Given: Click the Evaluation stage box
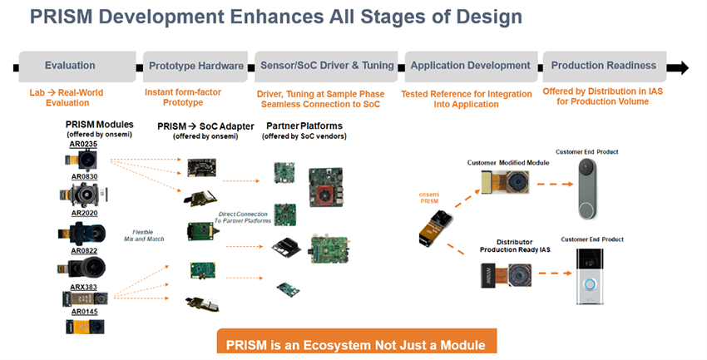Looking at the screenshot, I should [70, 66].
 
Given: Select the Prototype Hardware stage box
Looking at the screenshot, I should [196, 66].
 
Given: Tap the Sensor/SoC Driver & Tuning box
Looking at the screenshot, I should [326, 66].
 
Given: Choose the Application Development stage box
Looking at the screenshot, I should [471, 66].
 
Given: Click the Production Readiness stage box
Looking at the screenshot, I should [604, 66].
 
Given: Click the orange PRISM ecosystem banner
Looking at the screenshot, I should [356, 344].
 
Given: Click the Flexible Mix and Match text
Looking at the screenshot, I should [151, 236].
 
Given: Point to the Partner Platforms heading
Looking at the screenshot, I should [305, 126].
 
